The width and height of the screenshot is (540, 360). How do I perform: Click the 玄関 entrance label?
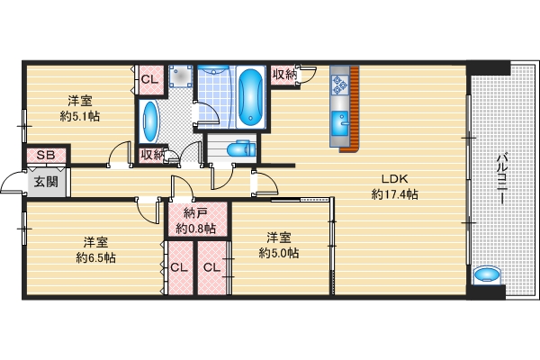pyautogui.click(x=44, y=182)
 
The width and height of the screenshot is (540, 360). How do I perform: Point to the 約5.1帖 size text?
pyautogui.click(x=82, y=115)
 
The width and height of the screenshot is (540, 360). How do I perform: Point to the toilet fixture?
pyautogui.click(x=239, y=150)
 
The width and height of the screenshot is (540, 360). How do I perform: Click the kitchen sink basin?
pyautogui.click(x=340, y=122)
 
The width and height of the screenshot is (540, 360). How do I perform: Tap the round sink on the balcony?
pyautogui.click(x=486, y=274)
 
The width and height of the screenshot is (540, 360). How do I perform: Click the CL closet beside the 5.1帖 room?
pyautogui.click(x=149, y=78)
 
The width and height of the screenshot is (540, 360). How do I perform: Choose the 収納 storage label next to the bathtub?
pyautogui.click(x=284, y=75)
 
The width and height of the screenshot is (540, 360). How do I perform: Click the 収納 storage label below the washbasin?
pyautogui.click(x=152, y=154)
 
